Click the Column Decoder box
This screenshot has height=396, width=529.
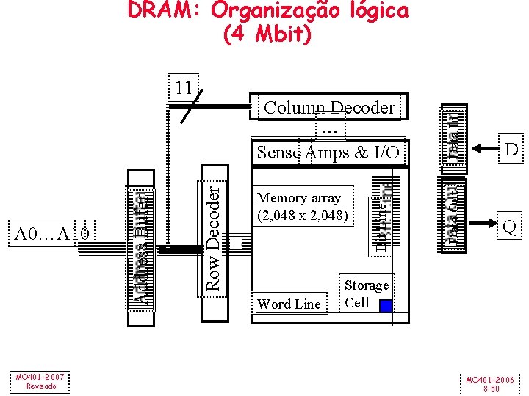(x=329, y=108)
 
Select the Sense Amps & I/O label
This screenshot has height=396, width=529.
(x=328, y=152)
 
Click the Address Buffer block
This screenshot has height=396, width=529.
(x=140, y=246)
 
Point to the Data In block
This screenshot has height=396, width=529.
(x=454, y=133)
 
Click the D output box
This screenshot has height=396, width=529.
(x=510, y=150)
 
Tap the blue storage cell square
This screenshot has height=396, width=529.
(x=385, y=307)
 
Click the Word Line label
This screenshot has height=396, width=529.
(x=289, y=304)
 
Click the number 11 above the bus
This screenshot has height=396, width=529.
(x=184, y=88)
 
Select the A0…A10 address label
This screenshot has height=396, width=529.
(x=53, y=233)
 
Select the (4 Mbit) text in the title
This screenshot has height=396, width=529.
(x=267, y=34)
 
